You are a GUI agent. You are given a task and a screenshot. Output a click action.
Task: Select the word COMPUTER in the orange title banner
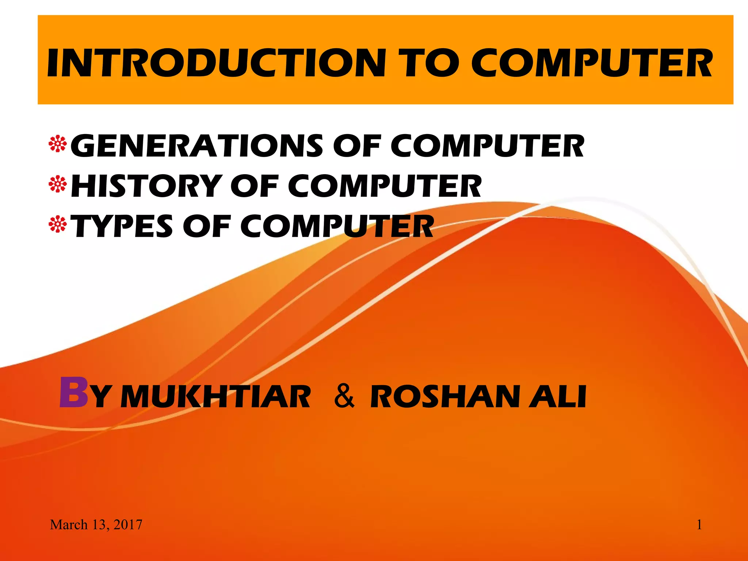click(x=592, y=63)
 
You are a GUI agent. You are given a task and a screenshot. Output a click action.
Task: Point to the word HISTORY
click(x=146, y=186)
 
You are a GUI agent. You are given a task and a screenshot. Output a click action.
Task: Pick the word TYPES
click(x=123, y=226)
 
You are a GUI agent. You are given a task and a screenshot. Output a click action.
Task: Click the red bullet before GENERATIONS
click(x=58, y=145)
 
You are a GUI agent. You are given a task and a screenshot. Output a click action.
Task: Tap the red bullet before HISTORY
click(x=58, y=185)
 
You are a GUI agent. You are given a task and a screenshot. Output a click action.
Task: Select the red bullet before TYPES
click(x=58, y=225)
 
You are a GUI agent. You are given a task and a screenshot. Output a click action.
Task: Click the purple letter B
click(x=74, y=393)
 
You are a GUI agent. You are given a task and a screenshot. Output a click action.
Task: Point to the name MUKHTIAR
click(x=215, y=397)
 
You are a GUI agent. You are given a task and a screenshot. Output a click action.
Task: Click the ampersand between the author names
click(x=344, y=396)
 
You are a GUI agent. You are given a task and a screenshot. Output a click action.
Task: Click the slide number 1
click(x=699, y=525)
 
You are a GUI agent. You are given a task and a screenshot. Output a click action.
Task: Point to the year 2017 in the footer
click(x=127, y=525)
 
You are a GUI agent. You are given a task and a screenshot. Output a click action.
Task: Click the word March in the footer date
click(x=69, y=525)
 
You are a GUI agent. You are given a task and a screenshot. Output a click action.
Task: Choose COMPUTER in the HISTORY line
click(x=385, y=186)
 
